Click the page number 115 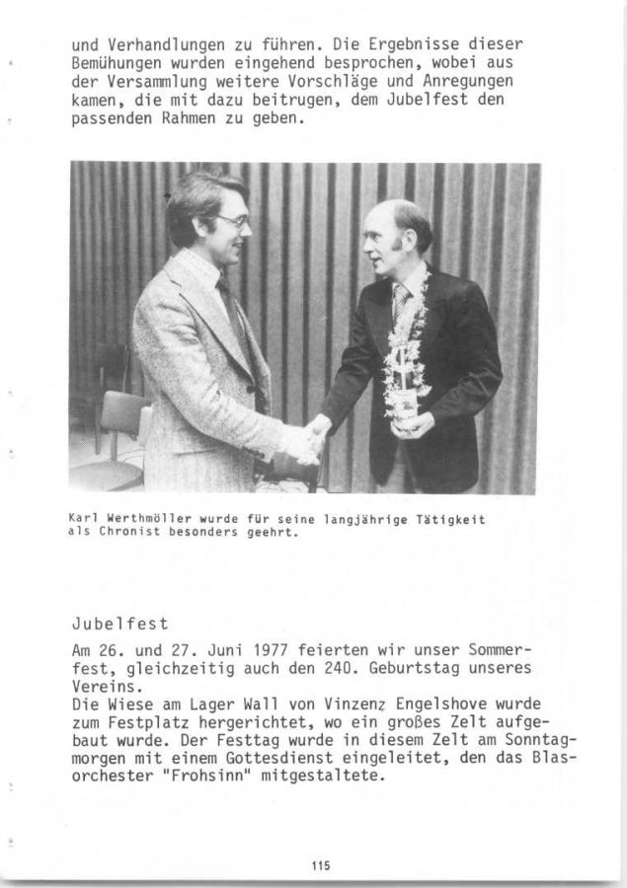319,865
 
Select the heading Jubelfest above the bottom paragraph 120,624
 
